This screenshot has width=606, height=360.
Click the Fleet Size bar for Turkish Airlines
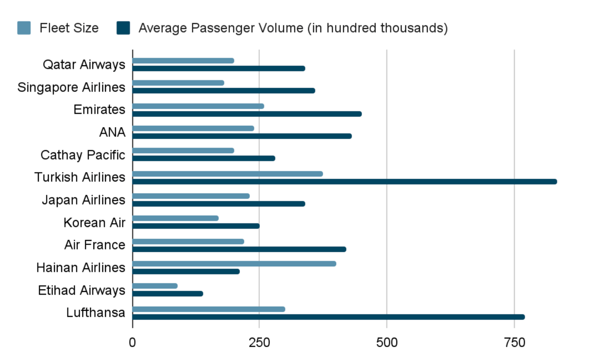point(227,174)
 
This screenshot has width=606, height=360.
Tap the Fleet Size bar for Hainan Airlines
point(234,263)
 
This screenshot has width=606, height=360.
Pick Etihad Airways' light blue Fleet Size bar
point(155,286)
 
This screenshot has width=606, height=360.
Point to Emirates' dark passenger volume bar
point(247,113)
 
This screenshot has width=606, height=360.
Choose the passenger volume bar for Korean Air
point(196,226)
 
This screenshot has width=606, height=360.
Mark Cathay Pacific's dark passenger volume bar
point(204,158)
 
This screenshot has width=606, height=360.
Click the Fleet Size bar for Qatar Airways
point(183,60)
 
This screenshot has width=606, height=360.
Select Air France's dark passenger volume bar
point(239,249)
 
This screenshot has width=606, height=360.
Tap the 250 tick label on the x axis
point(259,343)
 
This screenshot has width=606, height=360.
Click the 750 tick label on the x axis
point(514,343)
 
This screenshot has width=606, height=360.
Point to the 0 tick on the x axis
point(132,343)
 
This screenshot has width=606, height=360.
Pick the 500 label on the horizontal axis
point(386,343)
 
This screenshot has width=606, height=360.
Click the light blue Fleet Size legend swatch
point(24,28)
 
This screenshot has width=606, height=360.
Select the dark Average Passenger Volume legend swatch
point(123,28)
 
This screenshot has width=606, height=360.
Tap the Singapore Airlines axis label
point(71,87)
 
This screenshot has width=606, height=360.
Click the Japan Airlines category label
point(83,200)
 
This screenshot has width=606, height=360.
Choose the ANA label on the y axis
point(113,133)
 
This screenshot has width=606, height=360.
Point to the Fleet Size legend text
point(69,28)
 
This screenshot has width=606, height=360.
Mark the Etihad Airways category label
point(82,290)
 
